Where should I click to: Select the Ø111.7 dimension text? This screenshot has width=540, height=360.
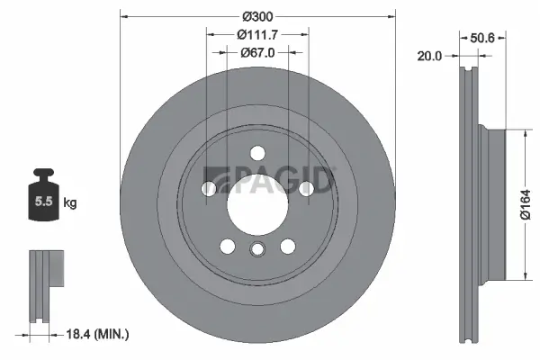pos(256,34)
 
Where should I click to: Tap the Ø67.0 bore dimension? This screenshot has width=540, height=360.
pos(256,52)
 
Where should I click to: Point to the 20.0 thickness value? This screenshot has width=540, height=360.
pos(429,56)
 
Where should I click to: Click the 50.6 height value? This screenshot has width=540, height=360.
pos(484,37)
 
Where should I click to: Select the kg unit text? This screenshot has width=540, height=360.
pos(69,203)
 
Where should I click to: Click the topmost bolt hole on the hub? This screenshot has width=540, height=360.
pos(256,152)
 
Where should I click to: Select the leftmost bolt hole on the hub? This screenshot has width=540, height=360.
pos(210,188)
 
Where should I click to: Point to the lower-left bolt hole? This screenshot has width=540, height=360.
pos(227,245)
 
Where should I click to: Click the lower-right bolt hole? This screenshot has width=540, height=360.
pos(287,245)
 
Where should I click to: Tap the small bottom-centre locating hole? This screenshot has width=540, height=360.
pos(256,251)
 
